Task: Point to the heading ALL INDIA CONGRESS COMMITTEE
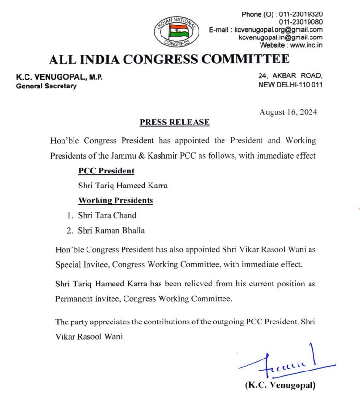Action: click(169, 60)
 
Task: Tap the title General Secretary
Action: click(46, 86)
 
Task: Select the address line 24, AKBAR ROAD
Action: click(290, 76)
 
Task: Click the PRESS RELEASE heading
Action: click(174, 122)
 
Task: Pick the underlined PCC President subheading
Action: click(106, 171)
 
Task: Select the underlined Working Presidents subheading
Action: click(115, 200)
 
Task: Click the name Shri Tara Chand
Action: click(107, 215)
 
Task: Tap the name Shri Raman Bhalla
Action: click(111, 230)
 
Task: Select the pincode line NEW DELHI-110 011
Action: click(290, 85)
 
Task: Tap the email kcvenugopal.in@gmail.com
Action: click(280, 37)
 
